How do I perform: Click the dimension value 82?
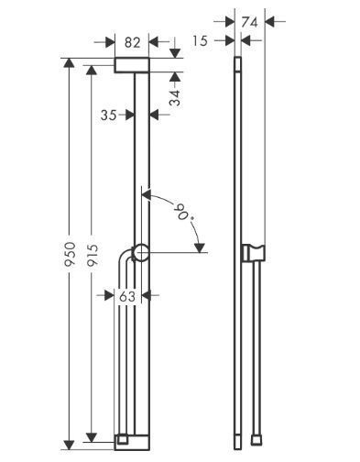coord(132,42)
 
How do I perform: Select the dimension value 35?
coord(109,115)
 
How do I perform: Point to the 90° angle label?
coord(183,214)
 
